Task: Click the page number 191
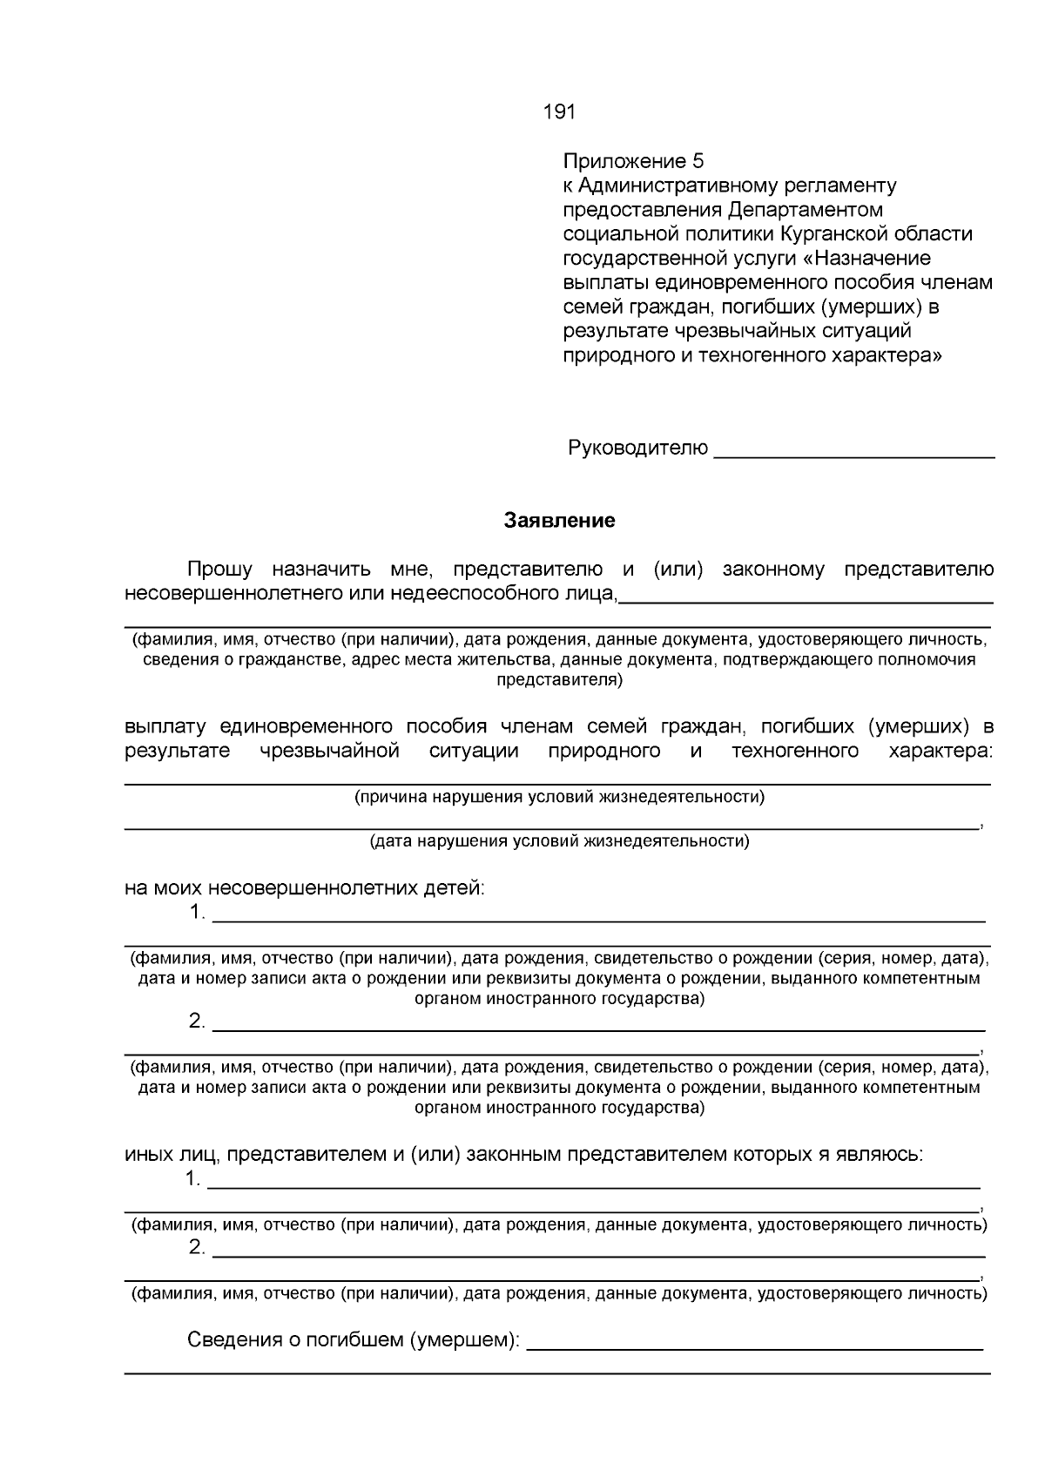[559, 112]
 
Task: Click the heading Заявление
[559, 521]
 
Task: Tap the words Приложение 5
[633, 161]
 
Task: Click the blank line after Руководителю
[853, 451]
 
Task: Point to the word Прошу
[220, 570]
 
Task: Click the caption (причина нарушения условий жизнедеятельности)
[559, 797]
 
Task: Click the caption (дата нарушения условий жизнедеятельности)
[559, 841]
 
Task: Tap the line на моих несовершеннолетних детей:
[304, 888]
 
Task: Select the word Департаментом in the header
[806, 210]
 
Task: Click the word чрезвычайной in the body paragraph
[329, 752]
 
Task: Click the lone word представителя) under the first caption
[559, 680]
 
